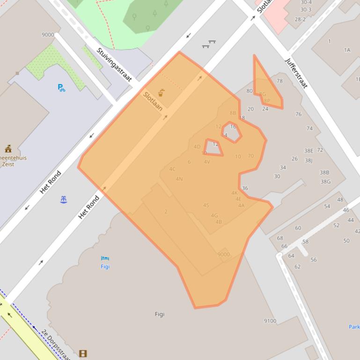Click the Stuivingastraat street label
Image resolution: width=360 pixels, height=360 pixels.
114,64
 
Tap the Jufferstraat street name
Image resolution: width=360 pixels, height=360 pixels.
296,73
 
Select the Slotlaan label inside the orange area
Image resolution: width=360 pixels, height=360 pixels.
153,101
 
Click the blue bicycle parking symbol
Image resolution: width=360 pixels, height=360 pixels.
61,87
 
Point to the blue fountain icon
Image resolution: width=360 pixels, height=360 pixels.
64,200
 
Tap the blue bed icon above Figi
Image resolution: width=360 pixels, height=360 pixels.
105,258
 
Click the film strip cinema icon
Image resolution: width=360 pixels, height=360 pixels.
83,353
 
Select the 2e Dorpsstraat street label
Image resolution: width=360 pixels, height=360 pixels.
55,344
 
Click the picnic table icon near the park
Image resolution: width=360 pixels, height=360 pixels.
209,44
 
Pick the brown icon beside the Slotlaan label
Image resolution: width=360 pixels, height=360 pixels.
161,93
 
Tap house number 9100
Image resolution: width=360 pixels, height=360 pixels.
270,321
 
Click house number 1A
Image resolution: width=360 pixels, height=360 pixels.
347,50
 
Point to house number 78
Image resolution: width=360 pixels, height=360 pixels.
279,81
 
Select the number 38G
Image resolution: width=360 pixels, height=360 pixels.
325,182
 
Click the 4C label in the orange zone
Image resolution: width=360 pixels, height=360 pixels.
172,169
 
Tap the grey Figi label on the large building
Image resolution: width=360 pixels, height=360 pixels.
160,314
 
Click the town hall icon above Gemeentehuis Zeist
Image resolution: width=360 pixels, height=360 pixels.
8,149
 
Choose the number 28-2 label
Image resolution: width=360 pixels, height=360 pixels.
300,20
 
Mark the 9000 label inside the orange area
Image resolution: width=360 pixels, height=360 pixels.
223,254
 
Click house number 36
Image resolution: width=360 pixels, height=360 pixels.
245,188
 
